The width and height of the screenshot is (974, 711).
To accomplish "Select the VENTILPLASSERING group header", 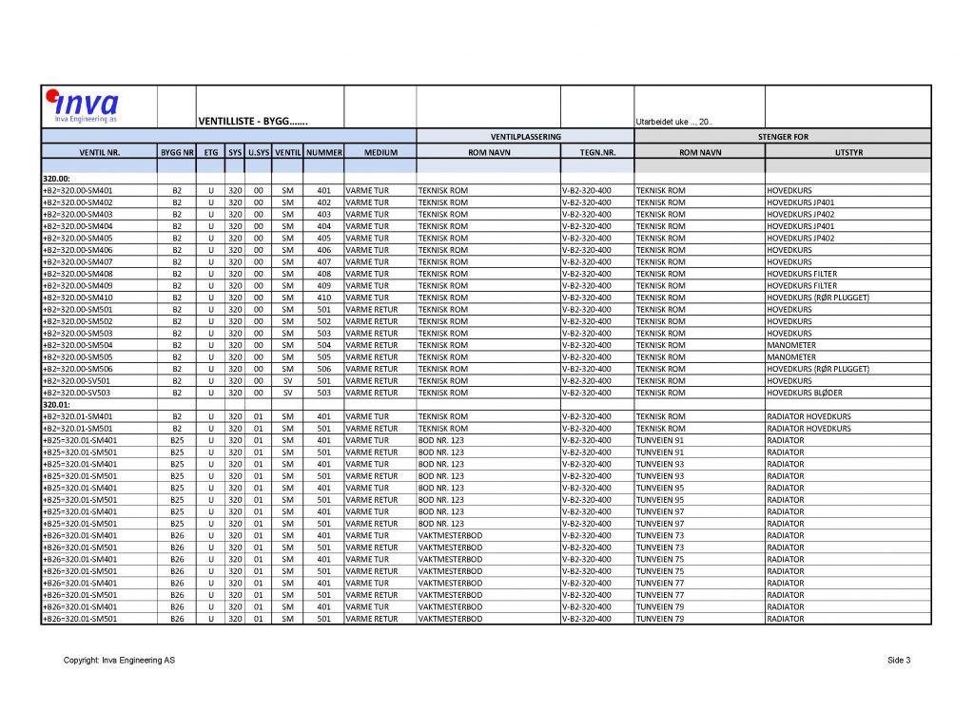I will coord(525,137).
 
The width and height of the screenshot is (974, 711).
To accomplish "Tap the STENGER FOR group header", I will coord(783,137).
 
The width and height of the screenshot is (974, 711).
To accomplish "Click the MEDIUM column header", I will coord(380,152).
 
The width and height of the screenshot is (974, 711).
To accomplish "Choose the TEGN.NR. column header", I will coord(597,152).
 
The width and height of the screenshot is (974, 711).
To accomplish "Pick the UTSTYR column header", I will coord(847,152).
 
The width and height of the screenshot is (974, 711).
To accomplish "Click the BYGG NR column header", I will coord(177,152).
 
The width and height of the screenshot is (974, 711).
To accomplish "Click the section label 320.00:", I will coord(58,178).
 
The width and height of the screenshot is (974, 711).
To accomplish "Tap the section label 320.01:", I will coord(58,404).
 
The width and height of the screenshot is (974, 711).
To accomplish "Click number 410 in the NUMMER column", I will coord(323,298).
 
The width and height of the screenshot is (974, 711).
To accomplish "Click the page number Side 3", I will coord(899,661).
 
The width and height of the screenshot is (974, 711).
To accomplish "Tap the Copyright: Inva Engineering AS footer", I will coord(119,661).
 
